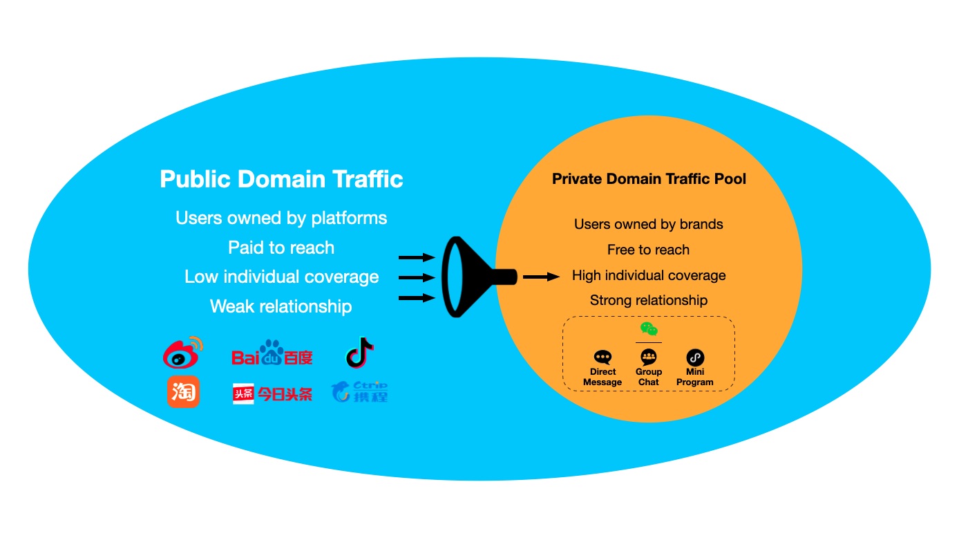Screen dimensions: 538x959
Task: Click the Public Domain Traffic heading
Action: [281, 179]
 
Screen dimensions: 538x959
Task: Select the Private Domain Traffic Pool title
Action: [649, 179]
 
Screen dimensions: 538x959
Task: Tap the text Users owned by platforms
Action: [281, 218]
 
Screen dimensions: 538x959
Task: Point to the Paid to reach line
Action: [281, 248]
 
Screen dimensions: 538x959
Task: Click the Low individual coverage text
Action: [281, 277]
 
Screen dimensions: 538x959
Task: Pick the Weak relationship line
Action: [281, 306]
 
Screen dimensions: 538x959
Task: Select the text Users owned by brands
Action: [649, 224]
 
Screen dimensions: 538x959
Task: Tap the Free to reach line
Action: [649, 250]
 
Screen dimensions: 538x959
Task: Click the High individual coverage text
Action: [649, 275]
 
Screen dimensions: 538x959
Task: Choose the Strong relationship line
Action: [649, 300]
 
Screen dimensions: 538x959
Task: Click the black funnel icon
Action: [470, 277]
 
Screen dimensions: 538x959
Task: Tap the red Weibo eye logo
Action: [182, 353]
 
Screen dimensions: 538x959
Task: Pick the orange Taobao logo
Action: [182, 392]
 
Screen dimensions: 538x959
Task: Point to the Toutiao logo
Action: [272, 393]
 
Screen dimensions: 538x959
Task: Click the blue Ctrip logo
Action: [359, 392]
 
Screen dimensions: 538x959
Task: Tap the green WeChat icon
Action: [649, 329]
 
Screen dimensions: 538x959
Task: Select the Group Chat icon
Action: [649, 357]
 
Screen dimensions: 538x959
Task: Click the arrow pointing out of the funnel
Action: [541, 277]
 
